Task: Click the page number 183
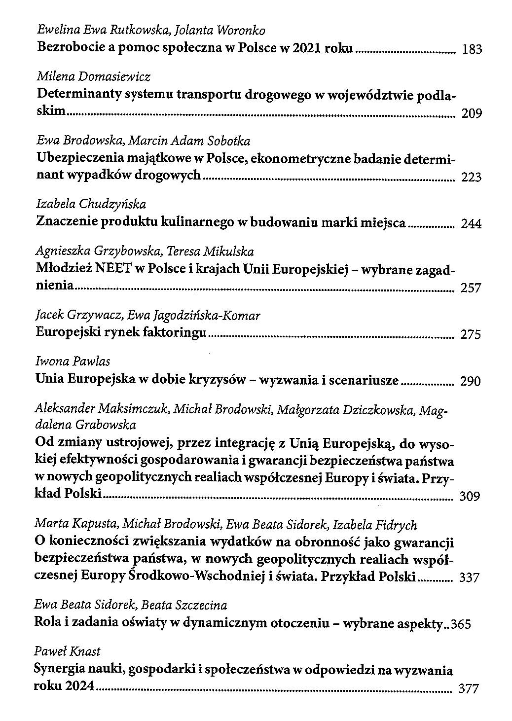pyautogui.click(x=471, y=50)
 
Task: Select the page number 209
pyautogui.click(x=471, y=114)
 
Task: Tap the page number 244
pyautogui.click(x=471, y=224)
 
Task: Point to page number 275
pyautogui.click(x=471, y=335)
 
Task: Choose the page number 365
pyautogui.click(x=461, y=625)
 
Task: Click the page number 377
pyautogui.click(x=469, y=689)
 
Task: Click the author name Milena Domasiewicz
pyautogui.click(x=93, y=77)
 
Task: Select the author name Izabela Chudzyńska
pyautogui.click(x=91, y=204)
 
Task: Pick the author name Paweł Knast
pyautogui.click(x=67, y=651)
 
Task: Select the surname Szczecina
pyautogui.click(x=200, y=605)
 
